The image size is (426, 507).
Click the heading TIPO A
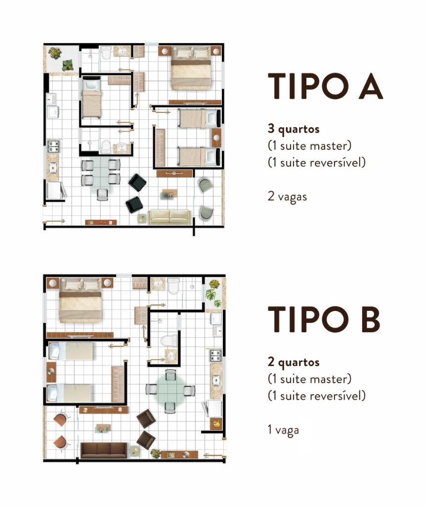pyautogui.click(x=325, y=86)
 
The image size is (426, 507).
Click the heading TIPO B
pyautogui.click(x=324, y=319)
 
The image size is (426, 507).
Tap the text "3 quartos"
pyautogui.click(x=294, y=129)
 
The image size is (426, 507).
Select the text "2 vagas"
pyautogui.click(x=287, y=197)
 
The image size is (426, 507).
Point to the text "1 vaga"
pyautogui.click(x=283, y=430)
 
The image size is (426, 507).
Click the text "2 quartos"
pyautogui.click(x=294, y=362)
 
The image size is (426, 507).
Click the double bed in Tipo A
pyautogui.click(x=191, y=68)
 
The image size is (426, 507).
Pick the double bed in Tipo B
pyautogui.click(x=81, y=301)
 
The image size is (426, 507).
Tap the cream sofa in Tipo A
pyautogui.click(x=170, y=217)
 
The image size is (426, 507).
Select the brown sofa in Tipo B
pyautogui.click(x=104, y=451)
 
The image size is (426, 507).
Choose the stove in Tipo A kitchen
pyautogui.click(x=53, y=146)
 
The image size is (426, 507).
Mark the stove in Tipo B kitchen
pyautogui.click(x=216, y=355)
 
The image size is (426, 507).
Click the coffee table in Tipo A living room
pyautogui.click(x=170, y=194)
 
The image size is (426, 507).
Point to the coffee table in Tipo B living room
pyautogui.click(x=103, y=428)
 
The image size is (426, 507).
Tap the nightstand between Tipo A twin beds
pyautogui.click(x=216, y=138)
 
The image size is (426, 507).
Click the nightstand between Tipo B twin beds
pyautogui.click(x=51, y=372)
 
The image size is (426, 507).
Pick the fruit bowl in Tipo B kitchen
pyautogui.click(x=216, y=424)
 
